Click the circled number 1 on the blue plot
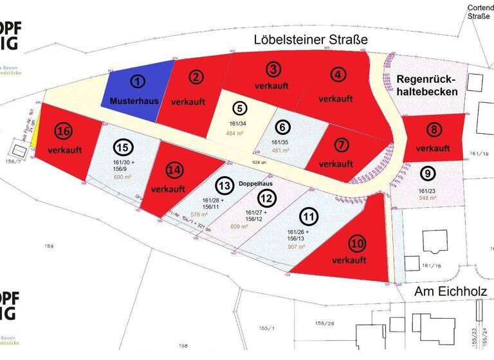tap(136, 82)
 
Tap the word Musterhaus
tap(130, 101)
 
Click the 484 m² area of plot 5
tap(236, 134)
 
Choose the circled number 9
tap(427, 173)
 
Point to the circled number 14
tap(172, 171)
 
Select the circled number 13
tap(223, 186)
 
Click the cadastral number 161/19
tap(479, 154)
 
